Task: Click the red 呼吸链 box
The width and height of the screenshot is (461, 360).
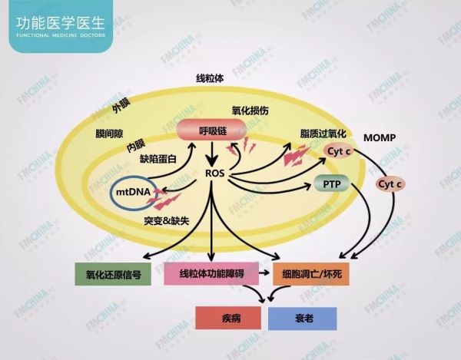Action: tap(211, 130)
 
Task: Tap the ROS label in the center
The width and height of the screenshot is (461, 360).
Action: tap(215, 173)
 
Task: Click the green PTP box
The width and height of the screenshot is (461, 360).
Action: tap(332, 183)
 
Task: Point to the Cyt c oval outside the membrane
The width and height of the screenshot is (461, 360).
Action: tap(390, 184)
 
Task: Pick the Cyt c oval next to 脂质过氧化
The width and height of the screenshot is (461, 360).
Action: tap(339, 151)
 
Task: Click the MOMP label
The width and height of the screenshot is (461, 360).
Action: tap(380, 137)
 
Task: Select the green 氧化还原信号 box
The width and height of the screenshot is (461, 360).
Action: tap(113, 274)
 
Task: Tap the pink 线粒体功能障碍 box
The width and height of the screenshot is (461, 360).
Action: tap(211, 274)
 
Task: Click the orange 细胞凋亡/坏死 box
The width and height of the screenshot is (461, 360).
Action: tap(311, 274)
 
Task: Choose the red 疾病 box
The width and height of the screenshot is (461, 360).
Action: tap(228, 318)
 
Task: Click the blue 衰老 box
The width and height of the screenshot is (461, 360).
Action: tap(303, 319)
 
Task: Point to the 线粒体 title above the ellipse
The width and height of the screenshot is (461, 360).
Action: tap(210, 78)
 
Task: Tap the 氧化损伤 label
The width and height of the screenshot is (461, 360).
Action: tap(250, 111)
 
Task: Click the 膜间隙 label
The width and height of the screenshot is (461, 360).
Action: tap(109, 134)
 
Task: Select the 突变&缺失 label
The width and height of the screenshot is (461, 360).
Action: tap(167, 220)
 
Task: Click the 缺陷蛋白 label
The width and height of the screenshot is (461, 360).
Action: tap(158, 159)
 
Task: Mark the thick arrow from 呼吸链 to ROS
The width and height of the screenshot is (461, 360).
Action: tap(212, 154)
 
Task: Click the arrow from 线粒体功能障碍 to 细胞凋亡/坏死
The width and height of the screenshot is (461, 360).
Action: tap(264, 272)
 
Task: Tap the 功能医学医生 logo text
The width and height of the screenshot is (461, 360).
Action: tap(61, 23)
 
